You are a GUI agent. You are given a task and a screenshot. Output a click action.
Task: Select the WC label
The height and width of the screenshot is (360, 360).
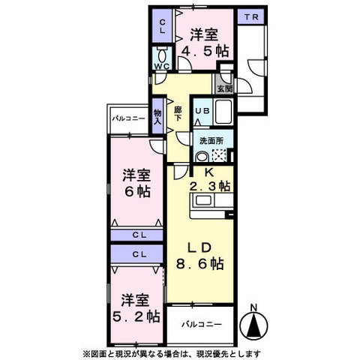[x=161, y=67]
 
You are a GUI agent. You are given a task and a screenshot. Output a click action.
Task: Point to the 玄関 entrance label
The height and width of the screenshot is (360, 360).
[x=224, y=88]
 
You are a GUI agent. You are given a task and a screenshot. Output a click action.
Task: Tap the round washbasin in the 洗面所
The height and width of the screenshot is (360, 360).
[x=202, y=157]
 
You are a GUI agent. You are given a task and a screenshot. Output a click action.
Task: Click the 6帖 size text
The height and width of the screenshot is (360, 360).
[x=136, y=191]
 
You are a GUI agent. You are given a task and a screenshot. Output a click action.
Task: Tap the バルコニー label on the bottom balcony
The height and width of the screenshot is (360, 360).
[x=199, y=325]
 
